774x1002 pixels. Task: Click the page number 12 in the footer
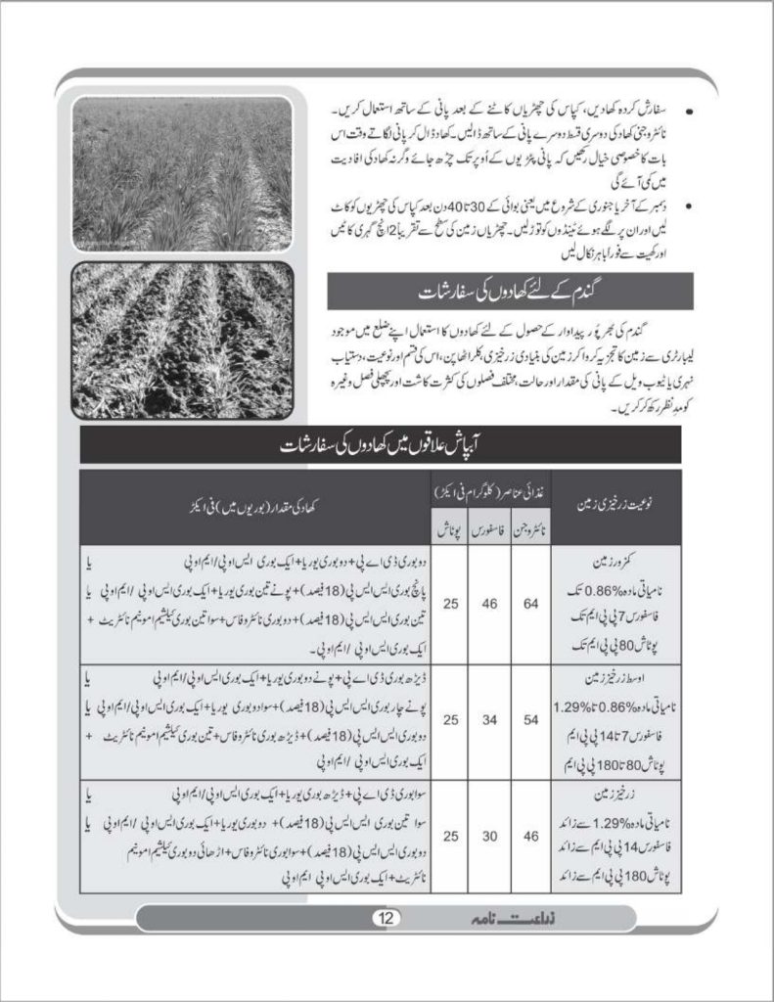(x=383, y=918)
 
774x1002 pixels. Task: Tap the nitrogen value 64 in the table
(x=530, y=604)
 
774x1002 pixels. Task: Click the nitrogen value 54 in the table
(x=530, y=719)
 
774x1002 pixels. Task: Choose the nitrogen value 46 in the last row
(x=530, y=836)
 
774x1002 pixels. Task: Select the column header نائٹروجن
(x=530, y=527)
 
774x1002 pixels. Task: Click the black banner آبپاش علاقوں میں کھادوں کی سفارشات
(x=380, y=445)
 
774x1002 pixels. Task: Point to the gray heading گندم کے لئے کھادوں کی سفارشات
(x=510, y=292)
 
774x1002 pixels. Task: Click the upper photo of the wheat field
(x=182, y=173)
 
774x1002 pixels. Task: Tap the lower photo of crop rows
(x=182, y=340)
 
